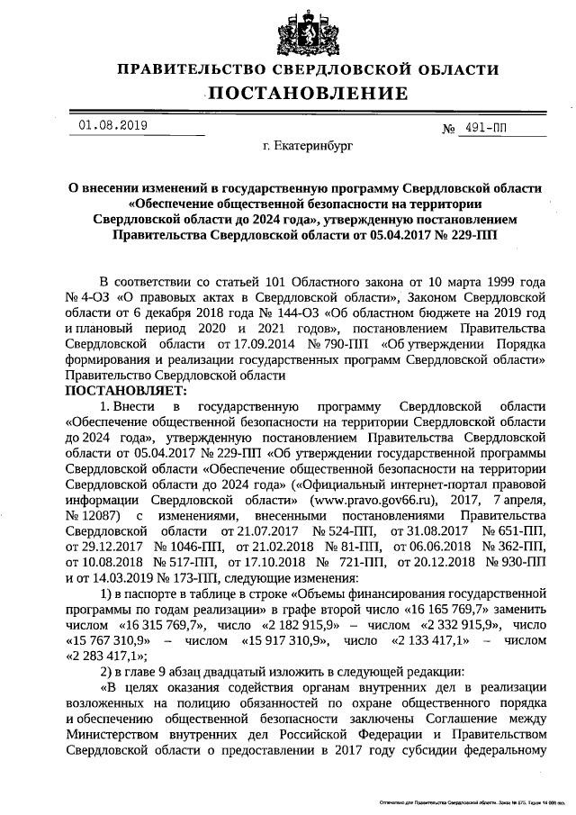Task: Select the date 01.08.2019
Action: [x=112, y=125]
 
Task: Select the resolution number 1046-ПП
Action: [x=183, y=548]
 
